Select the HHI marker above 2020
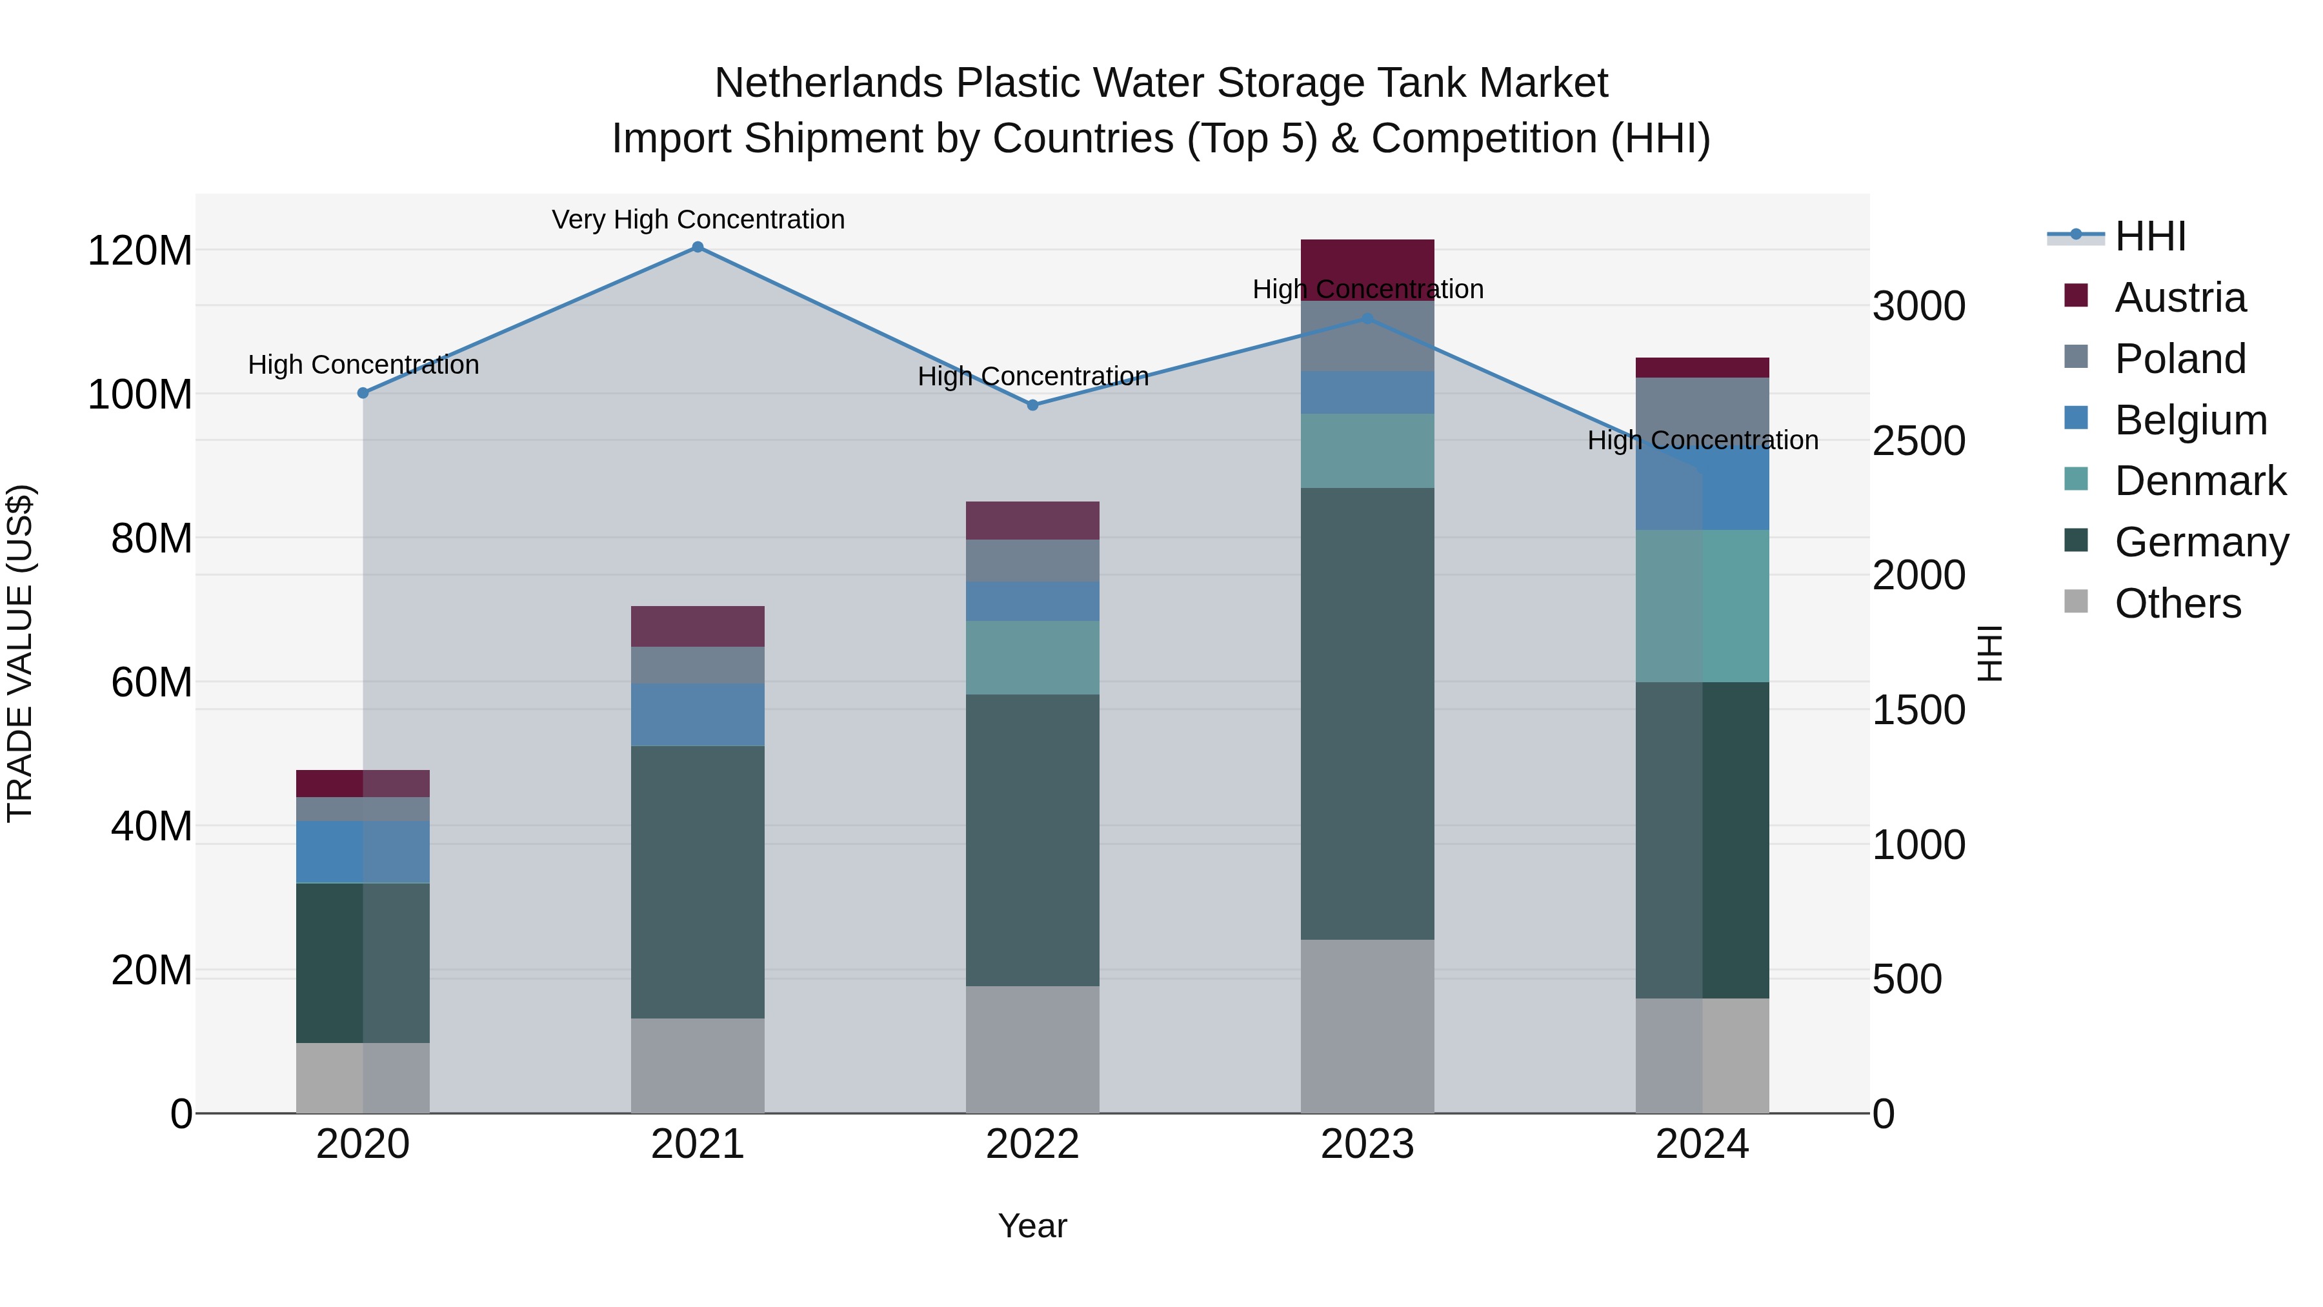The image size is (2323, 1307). [363, 393]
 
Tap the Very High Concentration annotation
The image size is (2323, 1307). [698, 220]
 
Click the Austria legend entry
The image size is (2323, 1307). [2180, 298]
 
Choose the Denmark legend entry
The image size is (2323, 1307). [2200, 481]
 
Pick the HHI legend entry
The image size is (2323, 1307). [2150, 236]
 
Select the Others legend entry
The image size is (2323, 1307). [2177, 603]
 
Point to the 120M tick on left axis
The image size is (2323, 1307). [140, 251]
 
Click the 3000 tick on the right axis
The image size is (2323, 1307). [1918, 306]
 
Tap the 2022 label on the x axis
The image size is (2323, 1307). [1032, 1144]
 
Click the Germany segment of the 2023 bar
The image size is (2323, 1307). [1367, 713]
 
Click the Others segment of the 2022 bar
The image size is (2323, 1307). [1032, 1049]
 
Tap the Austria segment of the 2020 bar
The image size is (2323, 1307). [363, 783]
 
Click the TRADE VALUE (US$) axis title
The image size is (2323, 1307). [20, 653]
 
